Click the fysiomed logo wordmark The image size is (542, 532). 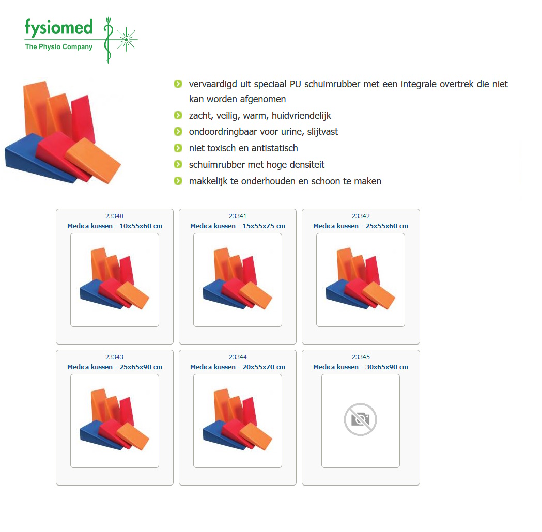click(59, 27)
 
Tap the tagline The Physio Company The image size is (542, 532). click(59, 46)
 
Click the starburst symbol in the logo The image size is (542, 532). click(127, 40)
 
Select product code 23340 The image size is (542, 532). click(114, 216)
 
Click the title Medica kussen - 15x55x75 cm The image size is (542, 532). click(238, 226)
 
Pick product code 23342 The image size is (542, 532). click(361, 216)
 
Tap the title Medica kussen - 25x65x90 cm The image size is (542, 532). click(114, 367)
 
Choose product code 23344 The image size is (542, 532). click(238, 357)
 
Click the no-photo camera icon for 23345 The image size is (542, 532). click(361, 419)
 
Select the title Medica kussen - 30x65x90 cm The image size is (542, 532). click(361, 367)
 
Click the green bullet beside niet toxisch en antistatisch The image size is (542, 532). click(178, 148)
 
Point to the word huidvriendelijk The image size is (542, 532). click(301, 115)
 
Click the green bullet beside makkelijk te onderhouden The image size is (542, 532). click(178, 181)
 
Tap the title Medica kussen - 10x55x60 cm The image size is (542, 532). click(114, 226)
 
